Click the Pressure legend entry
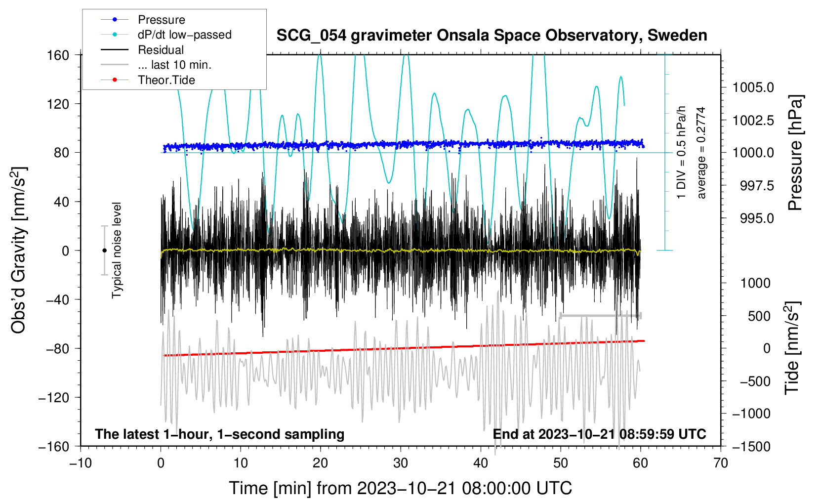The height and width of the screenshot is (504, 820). coord(161,20)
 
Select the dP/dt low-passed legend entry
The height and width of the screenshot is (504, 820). coord(184,35)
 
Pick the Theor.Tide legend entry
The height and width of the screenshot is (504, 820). coord(166,80)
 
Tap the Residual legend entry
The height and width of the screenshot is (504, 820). coord(161,50)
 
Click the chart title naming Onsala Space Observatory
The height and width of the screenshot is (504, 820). coord(492,36)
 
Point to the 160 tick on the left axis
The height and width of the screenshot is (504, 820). coord(58,55)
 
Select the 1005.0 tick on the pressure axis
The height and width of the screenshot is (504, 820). coord(753,87)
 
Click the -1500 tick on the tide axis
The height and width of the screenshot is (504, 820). coord(751,446)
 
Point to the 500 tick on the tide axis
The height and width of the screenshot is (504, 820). coord(759,316)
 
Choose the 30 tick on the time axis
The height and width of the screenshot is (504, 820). coord(401,463)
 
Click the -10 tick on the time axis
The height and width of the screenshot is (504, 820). coord(81,463)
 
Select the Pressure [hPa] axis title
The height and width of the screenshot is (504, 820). coord(795,153)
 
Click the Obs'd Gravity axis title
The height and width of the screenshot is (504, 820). coord(18,251)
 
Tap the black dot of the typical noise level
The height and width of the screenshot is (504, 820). coord(104,251)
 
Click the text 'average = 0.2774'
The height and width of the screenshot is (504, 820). coord(701,153)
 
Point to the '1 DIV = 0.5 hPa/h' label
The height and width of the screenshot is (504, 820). coord(682,152)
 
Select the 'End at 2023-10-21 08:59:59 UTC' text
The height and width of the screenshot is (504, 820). coord(599,434)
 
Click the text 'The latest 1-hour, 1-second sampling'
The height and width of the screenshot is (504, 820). coord(219,434)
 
